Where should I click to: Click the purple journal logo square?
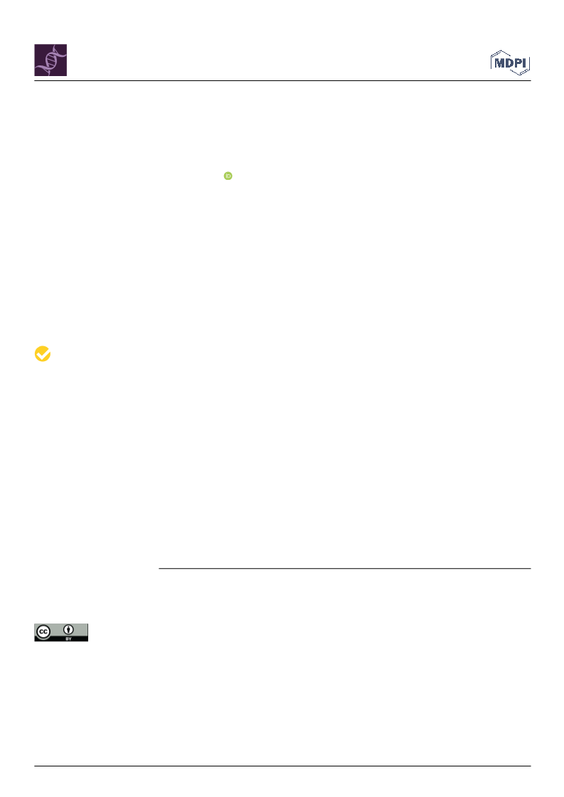[x=50, y=60]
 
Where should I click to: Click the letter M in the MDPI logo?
[x=499, y=63]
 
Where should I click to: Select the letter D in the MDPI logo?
[x=509, y=63]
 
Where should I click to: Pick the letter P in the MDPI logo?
[x=518, y=63]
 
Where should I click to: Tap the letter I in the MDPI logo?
[x=525, y=63]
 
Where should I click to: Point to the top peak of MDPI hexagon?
[x=502, y=50]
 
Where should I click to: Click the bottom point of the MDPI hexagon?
[x=519, y=74]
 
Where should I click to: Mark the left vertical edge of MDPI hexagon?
[x=491, y=62]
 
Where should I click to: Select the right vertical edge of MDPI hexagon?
[x=529, y=63]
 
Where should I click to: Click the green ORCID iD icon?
[x=228, y=176]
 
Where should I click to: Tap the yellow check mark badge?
[x=43, y=354]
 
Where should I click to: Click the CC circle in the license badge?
[x=43, y=632]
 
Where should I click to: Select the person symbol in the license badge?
[x=68, y=631]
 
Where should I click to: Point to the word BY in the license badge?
[x=69, y=638]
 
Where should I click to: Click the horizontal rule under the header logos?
[x=282, y=81]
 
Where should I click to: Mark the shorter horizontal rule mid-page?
[x=345, y=568]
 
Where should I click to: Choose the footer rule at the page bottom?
[x=282, y=766]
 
